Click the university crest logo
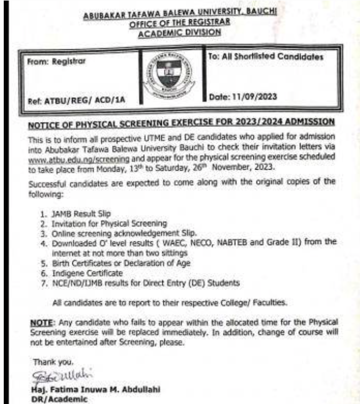(x=170, y=74)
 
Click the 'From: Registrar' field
(x=55, y=61)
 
